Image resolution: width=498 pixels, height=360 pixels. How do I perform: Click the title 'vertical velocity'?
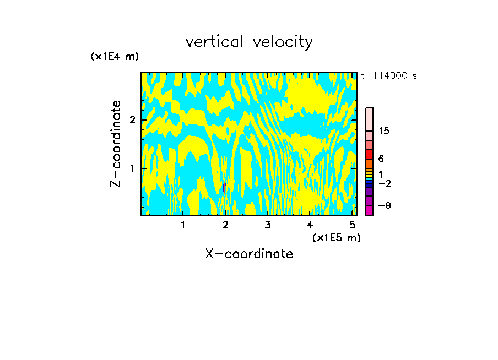[x=249, y=42]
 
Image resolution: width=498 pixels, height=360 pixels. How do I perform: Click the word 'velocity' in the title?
[x=284, y=42]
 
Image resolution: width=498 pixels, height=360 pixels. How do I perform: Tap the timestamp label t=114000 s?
[x=388, y=75]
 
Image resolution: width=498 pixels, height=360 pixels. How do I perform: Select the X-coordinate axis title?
[x=249, y=254]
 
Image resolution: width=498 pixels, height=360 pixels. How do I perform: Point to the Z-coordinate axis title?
[x=116, y=144]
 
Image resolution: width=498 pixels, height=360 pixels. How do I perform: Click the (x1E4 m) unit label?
[x=115, y=57]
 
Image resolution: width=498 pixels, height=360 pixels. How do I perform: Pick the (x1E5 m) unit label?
[x=336, y=237]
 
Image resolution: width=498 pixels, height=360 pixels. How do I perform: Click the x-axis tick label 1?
[x=183, y=225]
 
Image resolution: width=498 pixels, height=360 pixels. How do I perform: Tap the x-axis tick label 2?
[x=225, y=225]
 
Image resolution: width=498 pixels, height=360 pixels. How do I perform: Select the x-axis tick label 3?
[x=268, y=225]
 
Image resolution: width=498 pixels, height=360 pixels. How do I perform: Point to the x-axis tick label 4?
[x=310, y=225]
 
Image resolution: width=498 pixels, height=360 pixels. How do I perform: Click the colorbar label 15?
[x=384, y=131]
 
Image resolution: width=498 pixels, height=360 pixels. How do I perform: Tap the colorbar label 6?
[x=381, y=159]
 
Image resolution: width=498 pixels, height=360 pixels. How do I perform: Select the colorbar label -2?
[x=384, y=183]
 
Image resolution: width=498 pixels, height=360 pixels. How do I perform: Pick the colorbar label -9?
[x=384, y=205]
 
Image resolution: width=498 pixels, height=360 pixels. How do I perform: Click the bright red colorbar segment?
[x=369, y=154]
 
